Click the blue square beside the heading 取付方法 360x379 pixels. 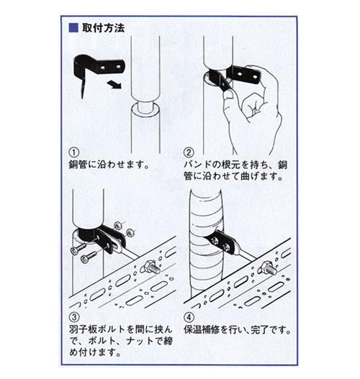(x=73, y=28)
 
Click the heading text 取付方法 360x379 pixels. (x=104, y=28)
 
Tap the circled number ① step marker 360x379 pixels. (x=74, y=152)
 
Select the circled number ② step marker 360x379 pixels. (x=189, y=152)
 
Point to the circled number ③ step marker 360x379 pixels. (x=74, y=317)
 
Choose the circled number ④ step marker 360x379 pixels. (x=189, y=317)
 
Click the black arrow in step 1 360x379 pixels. (x=114, y=85)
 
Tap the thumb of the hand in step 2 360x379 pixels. (x=229, y=96)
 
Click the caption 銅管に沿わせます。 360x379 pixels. (x=109, y=165)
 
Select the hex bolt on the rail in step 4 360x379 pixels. (x=268, y=268)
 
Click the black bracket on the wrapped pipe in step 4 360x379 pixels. (x=222, y=242)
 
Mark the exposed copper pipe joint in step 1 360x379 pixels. (x=145, y=107)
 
